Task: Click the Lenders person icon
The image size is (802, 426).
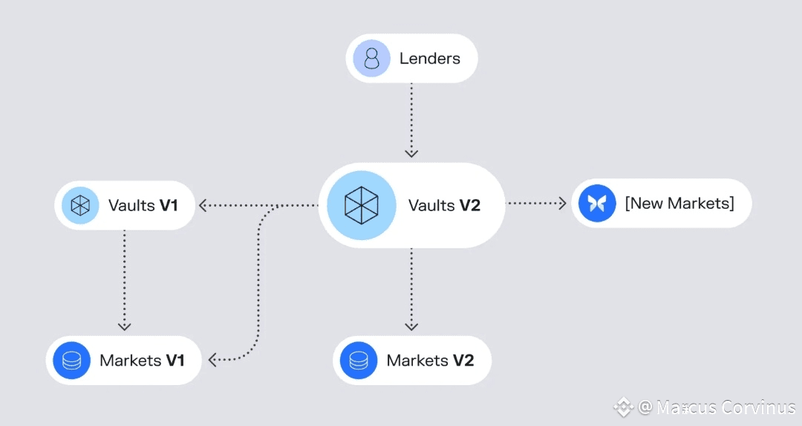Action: (371, 58)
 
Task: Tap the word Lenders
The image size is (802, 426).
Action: (430, 58)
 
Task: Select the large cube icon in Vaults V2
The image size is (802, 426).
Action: (361, 205)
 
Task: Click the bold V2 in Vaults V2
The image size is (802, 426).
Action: (469, 205)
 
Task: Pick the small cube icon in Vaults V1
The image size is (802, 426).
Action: (80, 205)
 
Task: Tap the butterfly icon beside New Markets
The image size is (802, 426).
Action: (597, 203)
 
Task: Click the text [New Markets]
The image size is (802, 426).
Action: (679, 203)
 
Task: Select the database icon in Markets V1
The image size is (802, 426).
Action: (72, 361)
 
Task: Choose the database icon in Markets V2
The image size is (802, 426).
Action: (359, 361)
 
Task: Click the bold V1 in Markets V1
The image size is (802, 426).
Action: (175, 361)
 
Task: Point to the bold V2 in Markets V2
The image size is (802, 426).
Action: (463, 361)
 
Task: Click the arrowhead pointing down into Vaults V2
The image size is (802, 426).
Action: (411, 153)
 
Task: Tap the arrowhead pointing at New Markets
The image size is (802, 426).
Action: (563, 202)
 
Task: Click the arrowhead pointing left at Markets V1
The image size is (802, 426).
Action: (213, 360)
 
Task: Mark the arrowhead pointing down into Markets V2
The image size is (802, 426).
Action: (411, 326)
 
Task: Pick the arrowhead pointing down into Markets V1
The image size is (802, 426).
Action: (125, 326)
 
